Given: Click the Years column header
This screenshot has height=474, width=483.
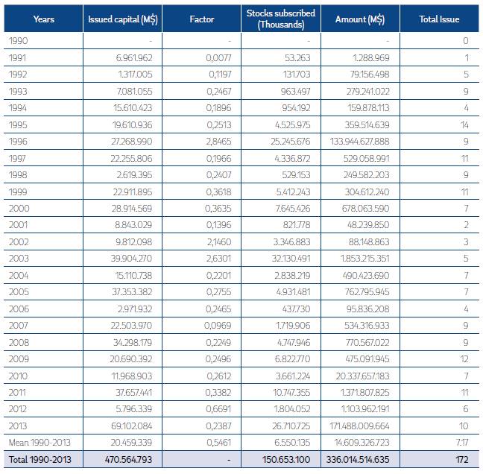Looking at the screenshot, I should click(x=44, y=19).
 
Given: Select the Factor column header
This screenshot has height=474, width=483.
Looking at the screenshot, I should click(x=206, y=19).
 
